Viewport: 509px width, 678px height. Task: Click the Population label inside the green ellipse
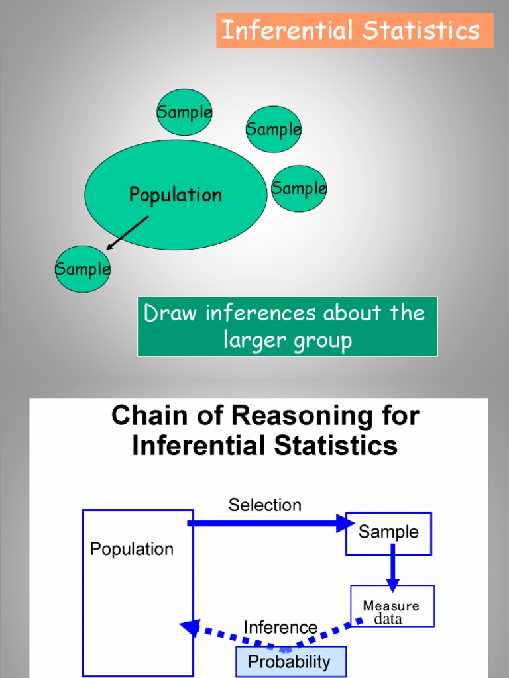tap(176, 195)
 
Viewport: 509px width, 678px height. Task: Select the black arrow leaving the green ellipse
tap(129, 232)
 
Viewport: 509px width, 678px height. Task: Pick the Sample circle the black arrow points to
tap(82, 269)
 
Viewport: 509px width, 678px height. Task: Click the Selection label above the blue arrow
tap(264, 505)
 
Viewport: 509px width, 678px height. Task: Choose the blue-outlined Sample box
tap(388, 532)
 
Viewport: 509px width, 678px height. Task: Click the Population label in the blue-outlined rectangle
tap(132, 549)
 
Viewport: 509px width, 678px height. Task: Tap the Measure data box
tap(392, 606)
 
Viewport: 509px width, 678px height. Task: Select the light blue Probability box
tap(289, 661)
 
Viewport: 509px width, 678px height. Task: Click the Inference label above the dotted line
tap(280, 627)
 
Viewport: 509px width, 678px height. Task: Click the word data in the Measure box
tap(388, 620)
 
